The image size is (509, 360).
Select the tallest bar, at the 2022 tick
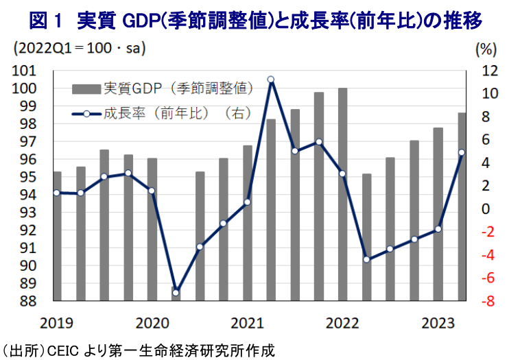pos(342,194)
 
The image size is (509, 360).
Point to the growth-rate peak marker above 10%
pos(271,80)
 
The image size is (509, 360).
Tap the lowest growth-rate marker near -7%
pos(176,293)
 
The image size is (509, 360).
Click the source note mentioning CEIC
pos(137,350)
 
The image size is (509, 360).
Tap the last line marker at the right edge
pos(461,153)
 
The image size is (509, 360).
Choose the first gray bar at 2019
pos(57,236)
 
